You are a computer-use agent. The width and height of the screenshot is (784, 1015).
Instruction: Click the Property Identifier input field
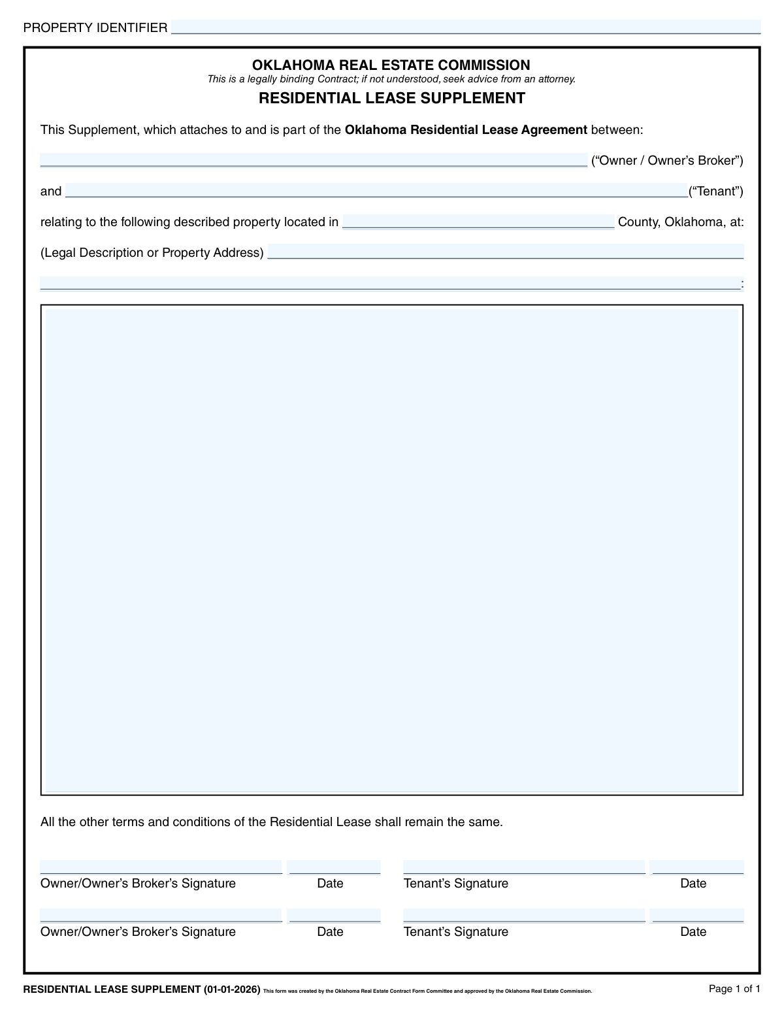click(465, 27)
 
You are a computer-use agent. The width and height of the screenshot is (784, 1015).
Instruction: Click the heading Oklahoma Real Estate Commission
click(391, 65)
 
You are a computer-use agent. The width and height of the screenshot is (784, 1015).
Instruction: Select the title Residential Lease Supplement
click(391, 99)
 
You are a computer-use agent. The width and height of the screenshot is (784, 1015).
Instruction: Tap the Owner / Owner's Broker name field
click(314, 160)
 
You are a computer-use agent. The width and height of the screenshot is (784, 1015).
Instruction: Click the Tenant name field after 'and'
click(376, 191)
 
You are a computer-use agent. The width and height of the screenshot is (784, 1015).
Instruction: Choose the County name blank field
click(478, 222)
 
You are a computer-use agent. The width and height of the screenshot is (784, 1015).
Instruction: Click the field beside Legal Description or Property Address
click(505, 252)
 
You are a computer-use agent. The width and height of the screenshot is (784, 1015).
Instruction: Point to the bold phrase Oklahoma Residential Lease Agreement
click(466, 130)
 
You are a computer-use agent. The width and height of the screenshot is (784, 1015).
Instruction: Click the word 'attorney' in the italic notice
click(556, 80)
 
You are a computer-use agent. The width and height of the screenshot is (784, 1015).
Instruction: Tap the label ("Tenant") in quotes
click(716, 191)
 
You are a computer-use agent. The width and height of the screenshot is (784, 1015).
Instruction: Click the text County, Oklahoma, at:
click(681, 222)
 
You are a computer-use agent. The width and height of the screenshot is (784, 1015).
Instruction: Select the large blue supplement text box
click(391, 550)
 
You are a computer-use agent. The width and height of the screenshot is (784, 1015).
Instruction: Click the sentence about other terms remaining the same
click(272, 822)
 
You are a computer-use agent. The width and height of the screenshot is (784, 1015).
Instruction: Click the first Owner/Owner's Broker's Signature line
click(161, 868)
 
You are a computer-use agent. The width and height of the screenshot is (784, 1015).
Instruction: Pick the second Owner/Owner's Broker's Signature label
click(138, 932)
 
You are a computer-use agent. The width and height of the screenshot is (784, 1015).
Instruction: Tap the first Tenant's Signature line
click(524, 868)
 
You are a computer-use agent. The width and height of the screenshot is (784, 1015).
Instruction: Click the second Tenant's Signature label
click(455, 932)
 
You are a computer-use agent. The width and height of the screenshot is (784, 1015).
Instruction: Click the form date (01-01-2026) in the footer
click(232, 990)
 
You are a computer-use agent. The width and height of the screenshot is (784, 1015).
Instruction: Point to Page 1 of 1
click(734, 989)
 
